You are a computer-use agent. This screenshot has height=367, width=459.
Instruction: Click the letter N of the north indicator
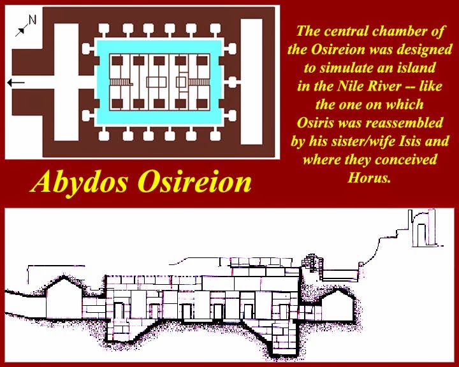click(x=33, y=19)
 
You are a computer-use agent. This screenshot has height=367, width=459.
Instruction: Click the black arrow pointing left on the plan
click(x=17, y=82)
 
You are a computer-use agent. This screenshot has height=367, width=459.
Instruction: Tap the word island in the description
click(x=416, y=68)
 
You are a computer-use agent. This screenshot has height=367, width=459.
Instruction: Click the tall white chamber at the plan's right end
click(x=251, y=82)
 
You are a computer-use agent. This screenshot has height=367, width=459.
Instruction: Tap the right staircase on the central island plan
click(x=194, y=82)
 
